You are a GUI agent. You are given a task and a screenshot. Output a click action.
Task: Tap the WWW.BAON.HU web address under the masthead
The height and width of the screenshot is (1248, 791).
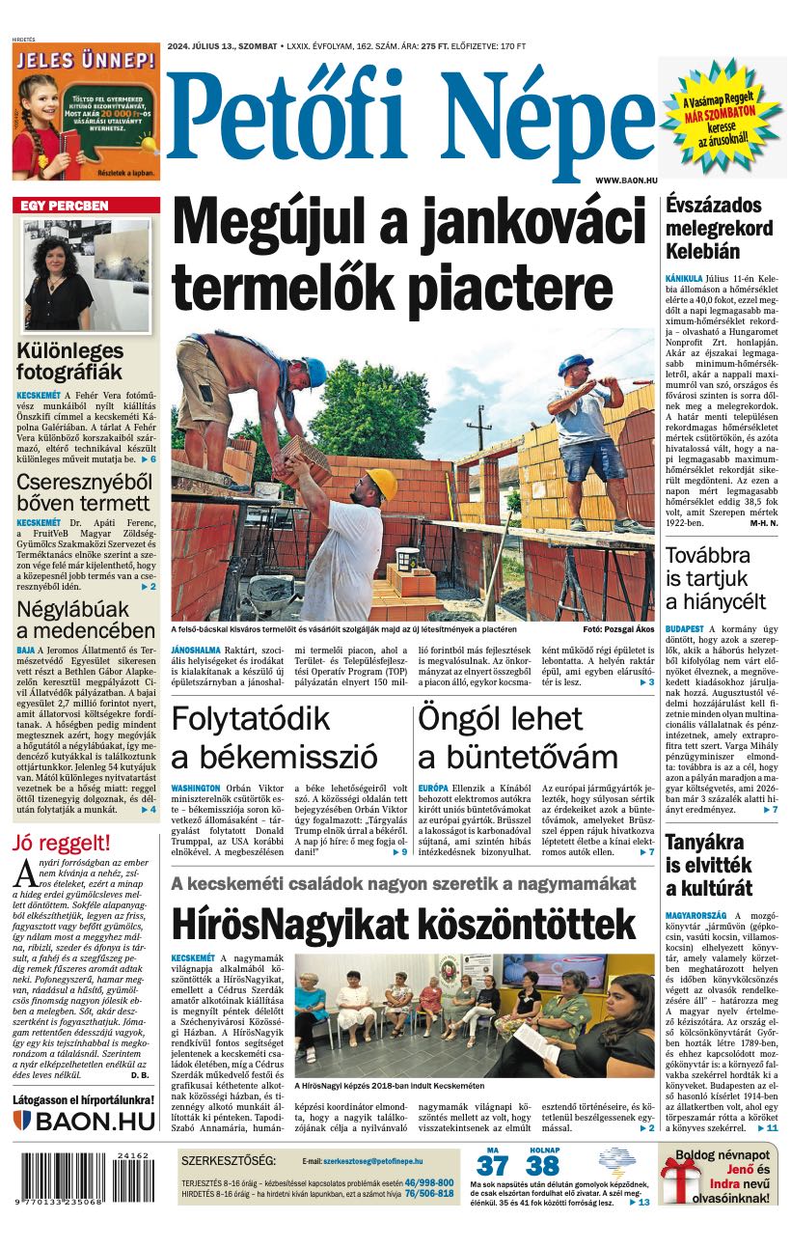click(626, 180)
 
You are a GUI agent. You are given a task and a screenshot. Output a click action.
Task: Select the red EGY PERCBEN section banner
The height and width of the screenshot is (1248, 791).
click(86, 206)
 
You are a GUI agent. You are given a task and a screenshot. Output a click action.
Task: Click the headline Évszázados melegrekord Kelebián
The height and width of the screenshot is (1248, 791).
click(720, 228)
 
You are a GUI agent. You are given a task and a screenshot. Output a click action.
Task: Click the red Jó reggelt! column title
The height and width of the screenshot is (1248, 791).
click(62, 843)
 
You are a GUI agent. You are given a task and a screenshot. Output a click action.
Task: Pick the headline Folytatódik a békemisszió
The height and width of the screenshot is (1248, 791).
click(274, 737)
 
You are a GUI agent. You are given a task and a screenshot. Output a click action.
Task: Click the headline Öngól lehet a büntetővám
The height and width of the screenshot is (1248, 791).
click(518, 737)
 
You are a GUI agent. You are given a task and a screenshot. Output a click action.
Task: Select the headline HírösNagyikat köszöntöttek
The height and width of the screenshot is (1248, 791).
click(403, 924)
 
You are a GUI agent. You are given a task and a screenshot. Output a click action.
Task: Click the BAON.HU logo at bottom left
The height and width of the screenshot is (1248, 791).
click(84, 1121)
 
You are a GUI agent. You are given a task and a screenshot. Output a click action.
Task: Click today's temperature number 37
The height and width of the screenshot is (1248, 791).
click(492, 1166)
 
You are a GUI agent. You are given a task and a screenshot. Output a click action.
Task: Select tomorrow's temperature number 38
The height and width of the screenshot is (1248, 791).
click(543, 1166)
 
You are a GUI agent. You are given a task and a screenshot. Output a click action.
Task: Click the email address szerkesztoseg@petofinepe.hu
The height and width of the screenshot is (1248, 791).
click(378, 1161)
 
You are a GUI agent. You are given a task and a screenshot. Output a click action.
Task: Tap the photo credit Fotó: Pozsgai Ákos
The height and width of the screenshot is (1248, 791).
click(618, 629)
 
